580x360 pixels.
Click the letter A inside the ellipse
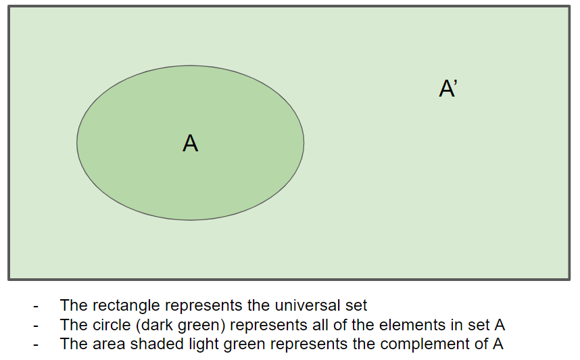pos(190,143)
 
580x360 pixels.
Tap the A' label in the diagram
pos(448,88)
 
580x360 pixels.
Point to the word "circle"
pos(112,325)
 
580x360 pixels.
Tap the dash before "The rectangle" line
pos(36,307)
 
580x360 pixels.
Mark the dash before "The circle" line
pos(36,326)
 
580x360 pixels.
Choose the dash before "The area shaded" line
pos(36,345)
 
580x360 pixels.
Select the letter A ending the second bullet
pos(500,325)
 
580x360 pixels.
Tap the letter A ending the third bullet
pos(498,344)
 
